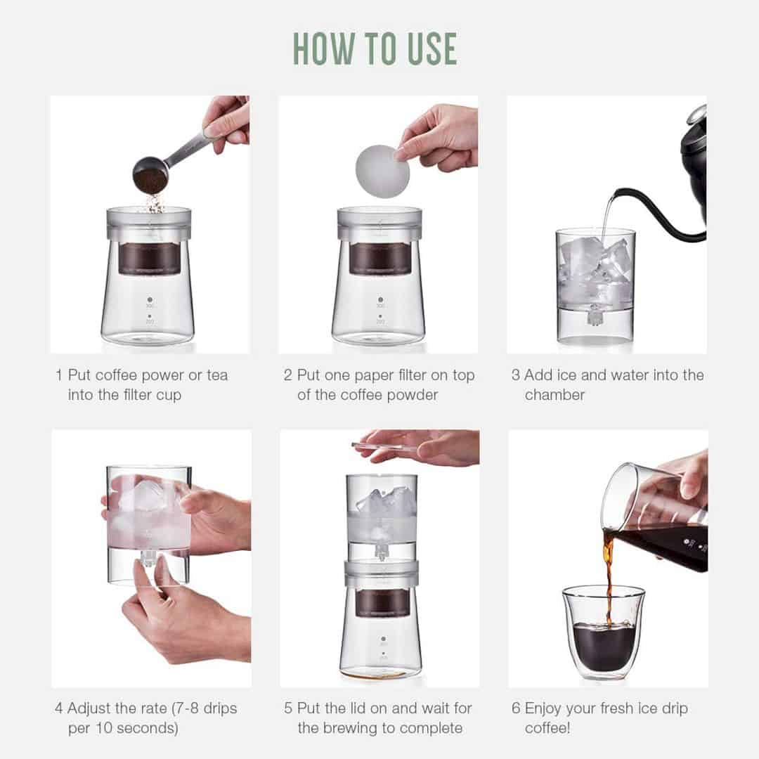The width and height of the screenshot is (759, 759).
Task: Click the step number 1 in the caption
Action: pos(59,375)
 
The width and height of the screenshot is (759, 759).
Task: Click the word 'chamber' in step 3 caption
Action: pos(554,395)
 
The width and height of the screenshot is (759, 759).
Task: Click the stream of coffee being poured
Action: pos(609,576)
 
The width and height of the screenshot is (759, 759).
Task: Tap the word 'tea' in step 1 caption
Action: pos(214,375)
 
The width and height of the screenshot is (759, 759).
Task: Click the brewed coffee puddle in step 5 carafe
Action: pos(380,673)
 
